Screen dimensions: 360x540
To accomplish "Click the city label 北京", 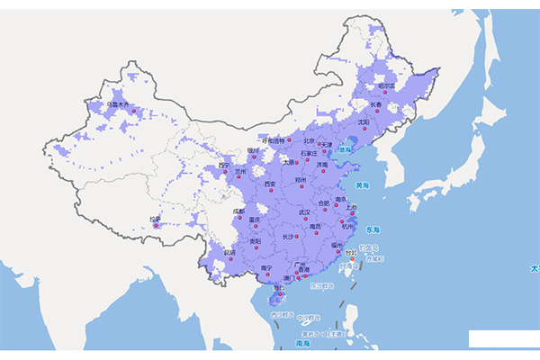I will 309,140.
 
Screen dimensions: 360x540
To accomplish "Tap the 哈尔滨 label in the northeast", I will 387,86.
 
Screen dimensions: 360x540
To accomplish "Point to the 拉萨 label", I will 156,219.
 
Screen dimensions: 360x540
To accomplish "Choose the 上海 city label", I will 351,207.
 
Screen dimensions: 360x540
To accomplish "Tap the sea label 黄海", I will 363,185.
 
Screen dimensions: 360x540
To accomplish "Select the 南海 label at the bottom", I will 303,344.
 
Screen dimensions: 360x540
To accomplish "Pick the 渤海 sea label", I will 344,150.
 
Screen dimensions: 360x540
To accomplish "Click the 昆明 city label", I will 229,253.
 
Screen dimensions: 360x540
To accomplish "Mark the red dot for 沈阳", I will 359,129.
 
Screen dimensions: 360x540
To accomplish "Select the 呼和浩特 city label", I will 272,140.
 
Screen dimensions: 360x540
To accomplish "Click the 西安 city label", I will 270,184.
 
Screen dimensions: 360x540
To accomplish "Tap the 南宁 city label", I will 266,268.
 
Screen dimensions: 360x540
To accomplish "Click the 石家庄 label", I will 309,153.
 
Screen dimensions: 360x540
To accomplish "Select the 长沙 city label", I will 288,237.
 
